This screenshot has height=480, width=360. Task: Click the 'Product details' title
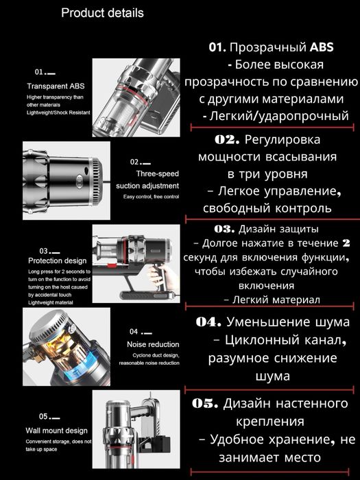coord(103,13)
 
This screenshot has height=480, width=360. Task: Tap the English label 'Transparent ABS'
coord(56,86)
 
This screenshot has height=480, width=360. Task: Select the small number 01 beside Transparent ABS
coord(39,72)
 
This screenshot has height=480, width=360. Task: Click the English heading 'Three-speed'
coord(158,174)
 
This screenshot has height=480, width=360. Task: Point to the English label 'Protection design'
coord(58,261)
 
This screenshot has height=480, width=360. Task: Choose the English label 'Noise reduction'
coord(153,344)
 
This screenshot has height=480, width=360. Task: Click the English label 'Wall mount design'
coord(58,431)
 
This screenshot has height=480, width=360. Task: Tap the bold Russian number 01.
coord(217,49)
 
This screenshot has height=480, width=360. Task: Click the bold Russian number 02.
coord(226,139)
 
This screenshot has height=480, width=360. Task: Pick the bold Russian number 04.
coord(208,322)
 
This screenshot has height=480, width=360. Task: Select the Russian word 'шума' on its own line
coord(272,376)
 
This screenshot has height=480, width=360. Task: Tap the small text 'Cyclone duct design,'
coord(152,355)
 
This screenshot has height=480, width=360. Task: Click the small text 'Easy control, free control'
coord(151,197)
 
